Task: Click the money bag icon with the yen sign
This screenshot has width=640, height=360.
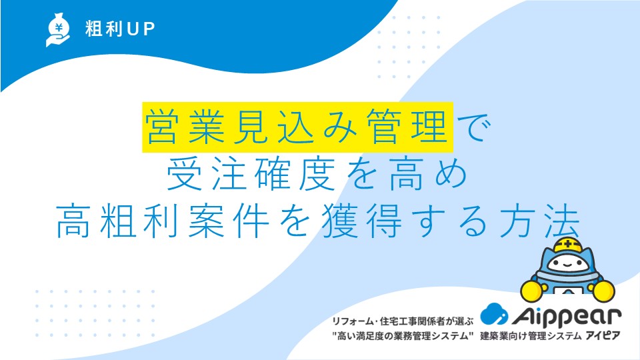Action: click(x=57, y=30)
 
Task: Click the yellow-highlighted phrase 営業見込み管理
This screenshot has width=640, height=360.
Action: click(x=297, y=127)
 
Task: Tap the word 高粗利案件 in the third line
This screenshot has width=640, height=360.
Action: click(x=162, y=221)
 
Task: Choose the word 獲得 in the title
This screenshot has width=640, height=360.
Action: click(x=361, y=221)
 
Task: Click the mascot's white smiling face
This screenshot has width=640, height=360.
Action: click(x=568, y=265)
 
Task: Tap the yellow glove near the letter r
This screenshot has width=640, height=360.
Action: click(x=603, y=291)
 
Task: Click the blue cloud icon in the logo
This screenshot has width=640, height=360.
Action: click(x=494, y=314)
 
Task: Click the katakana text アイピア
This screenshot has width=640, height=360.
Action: click(x=603, y=336)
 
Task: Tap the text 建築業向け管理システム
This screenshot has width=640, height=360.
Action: click(x=531, y=336)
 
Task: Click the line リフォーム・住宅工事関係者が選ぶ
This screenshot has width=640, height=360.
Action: click(x=403, y=321)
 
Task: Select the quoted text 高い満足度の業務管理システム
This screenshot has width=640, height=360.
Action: click(x=403, y=336)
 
